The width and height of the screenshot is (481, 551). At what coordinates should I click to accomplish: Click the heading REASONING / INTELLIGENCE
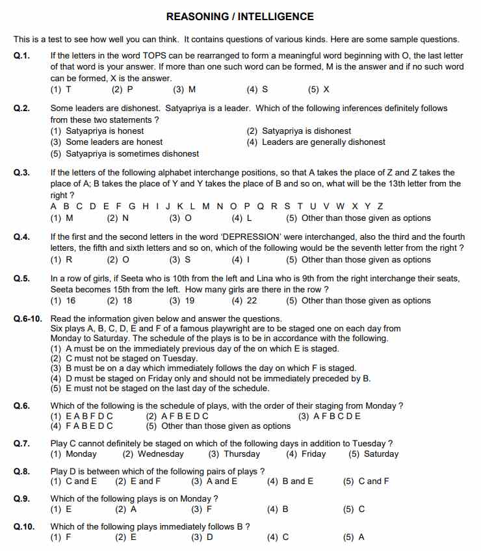click(x=240, y=16)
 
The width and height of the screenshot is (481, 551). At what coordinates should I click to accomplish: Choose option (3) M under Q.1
click(x=184, y=89)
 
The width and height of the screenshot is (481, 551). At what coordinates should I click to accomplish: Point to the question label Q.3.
click(x=21, y=173)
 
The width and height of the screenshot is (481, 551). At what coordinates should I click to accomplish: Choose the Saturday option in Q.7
click(x=374, y=454)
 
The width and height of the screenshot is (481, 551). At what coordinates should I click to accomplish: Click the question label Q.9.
click(x=21, y=498)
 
